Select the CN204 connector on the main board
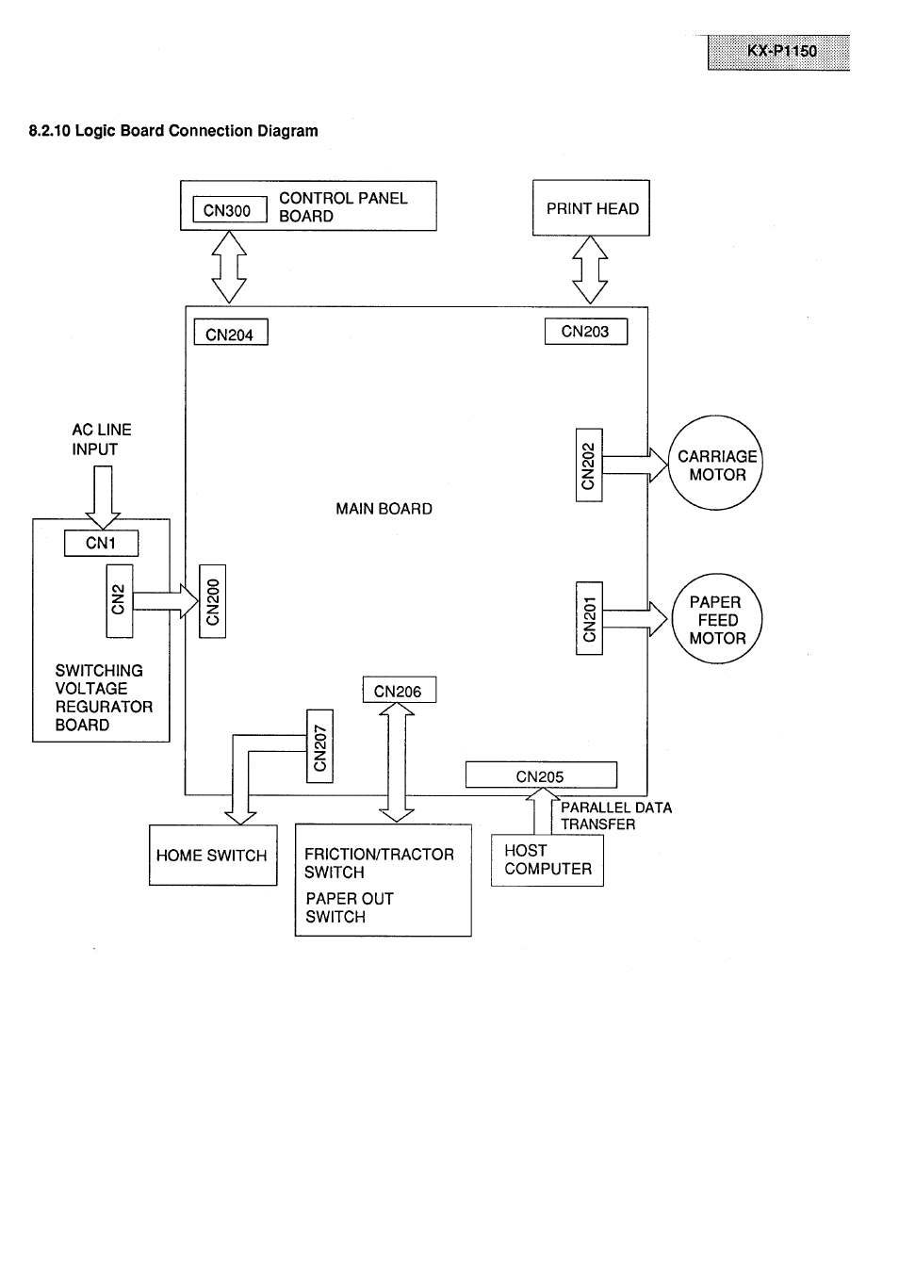point(231,334)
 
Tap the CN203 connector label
point(585,332)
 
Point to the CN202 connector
point(589,465)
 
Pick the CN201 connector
point(589,618)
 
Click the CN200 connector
point(213,601)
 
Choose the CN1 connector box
point(101,544)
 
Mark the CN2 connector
point(120,601)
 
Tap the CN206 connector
point(399,691)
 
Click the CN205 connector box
point(541,775)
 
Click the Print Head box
point(591,208)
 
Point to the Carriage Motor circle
point(715,464)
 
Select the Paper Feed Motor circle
point(716,619)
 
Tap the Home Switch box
point(213,856)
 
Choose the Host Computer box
point(548,860)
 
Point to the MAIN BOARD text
point(384,509)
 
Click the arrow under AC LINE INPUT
point(103,498)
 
